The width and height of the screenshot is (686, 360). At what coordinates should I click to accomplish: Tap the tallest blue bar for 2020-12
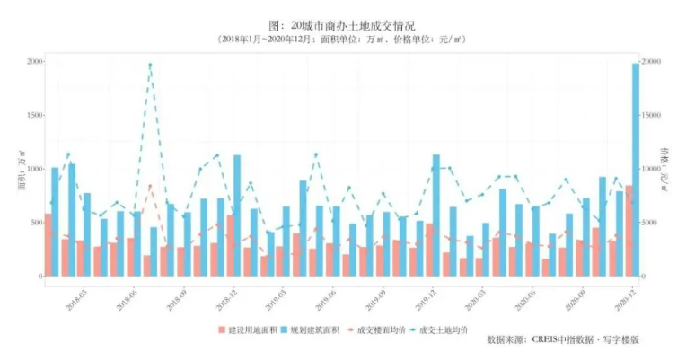coord(636,171)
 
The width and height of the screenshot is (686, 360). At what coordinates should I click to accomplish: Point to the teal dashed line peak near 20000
coord(150,65)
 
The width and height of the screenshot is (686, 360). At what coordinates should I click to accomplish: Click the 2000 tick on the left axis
coord(35,61)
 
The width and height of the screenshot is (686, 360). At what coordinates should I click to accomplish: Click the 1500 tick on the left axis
coord(35,115)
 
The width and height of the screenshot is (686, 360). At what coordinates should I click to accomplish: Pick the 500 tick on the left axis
coord(35,223)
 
